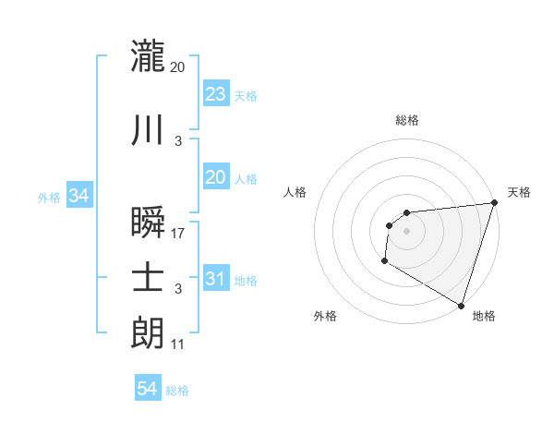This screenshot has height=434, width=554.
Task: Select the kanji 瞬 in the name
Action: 149,223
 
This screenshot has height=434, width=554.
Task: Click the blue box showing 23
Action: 215,93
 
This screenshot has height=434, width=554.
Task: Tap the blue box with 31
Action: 215,279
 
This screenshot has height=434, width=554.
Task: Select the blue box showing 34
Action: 78,196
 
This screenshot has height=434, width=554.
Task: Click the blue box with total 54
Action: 148,390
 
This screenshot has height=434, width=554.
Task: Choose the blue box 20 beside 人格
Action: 215,177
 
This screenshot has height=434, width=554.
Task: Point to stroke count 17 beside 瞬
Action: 178,234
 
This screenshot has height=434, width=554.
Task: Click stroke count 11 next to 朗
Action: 178,344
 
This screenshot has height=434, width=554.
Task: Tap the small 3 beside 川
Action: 178,141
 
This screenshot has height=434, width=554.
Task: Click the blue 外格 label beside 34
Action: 49,197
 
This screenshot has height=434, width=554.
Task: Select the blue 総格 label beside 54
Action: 177,391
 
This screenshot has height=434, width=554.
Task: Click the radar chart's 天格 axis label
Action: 519,192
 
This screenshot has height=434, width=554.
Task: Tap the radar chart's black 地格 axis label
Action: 484,316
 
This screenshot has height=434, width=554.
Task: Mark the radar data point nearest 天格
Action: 494,203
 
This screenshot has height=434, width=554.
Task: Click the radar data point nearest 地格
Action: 461,306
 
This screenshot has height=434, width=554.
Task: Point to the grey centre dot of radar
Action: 406,232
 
